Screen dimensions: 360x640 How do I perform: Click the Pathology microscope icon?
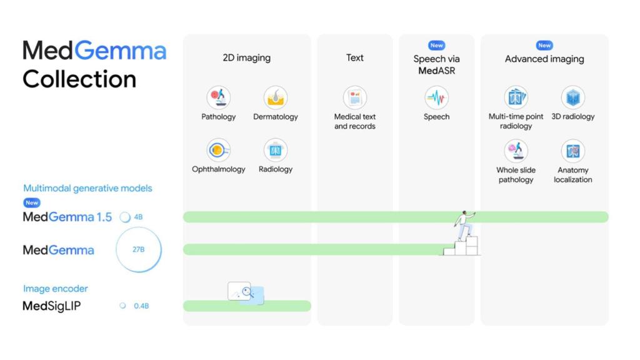pos(218,97)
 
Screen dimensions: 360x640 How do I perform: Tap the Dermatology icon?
pos(275,97)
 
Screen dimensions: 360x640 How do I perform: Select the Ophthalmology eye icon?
pos(218,150)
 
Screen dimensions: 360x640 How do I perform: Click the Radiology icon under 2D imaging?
pos(275,150)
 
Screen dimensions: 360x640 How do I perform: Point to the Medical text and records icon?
pos(354,97)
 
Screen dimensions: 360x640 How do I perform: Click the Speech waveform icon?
pos(436,97)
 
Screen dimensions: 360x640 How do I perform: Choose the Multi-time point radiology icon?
pos(516,97)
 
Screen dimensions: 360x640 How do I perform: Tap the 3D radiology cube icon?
pos(572,97)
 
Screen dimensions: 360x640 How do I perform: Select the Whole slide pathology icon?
pos(516,151)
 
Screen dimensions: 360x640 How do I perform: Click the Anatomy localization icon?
pos(572,151)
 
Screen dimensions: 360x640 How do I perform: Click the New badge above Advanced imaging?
pos(544,45)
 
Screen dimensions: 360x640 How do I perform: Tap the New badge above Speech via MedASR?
pos(436,45)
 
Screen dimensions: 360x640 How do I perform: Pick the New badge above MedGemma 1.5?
pos(32,202)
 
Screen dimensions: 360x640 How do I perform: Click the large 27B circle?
pos(138,249)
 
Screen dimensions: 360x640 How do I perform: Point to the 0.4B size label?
pos(141,306)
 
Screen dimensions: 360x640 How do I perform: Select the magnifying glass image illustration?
pos(245,292)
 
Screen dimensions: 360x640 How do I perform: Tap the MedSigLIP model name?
pos(51,306)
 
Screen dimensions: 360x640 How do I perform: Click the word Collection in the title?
pos(79,79)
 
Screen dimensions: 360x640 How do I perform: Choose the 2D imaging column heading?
pos(246,58)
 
